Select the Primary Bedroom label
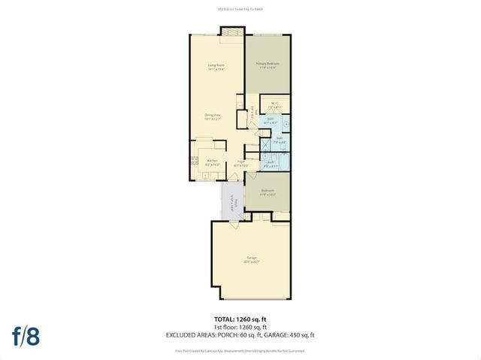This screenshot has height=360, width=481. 267,65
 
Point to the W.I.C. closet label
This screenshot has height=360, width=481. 274,106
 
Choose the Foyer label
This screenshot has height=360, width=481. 241,162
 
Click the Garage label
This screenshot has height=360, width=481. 251,261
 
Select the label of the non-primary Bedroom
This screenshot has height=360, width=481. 267,191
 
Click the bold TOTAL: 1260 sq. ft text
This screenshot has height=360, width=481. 240,319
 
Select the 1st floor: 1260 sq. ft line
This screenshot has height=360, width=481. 240,328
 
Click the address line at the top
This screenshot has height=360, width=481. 240,8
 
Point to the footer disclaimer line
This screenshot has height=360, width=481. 240,349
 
